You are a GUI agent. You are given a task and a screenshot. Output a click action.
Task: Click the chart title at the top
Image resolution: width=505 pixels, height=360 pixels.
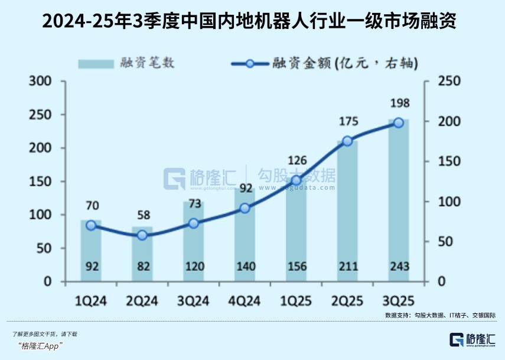pyautogui.click(x=252, y=22)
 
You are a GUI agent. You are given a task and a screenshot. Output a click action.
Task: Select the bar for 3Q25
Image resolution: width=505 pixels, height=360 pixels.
pyautogui.click(x=399, y=201)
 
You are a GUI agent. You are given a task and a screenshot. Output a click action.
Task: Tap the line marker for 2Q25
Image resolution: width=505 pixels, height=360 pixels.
pyautogui.click(x=347, y=141)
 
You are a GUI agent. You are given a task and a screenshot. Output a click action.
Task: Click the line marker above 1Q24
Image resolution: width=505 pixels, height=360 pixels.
pyautogui.click(x=91, y=225)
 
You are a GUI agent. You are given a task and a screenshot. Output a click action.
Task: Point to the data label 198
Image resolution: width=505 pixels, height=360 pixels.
pyautogui.click(x=399, y=105)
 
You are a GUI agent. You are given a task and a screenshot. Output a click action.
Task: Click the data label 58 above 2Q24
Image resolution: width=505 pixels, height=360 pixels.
pyautogui.click(x=142, y=215)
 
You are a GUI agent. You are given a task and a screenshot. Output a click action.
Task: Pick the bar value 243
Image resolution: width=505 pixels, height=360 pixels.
pyautogui.click(x=399, y=266)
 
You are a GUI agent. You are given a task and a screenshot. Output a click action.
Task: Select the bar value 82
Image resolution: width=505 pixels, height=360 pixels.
pyautogui.click(x=142, y=266)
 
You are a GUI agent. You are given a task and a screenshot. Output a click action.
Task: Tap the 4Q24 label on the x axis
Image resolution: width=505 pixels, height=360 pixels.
pyautogui.click(x=245, y=301)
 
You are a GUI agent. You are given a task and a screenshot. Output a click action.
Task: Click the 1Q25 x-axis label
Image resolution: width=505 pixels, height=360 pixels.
pyautogui.click(x=296, y=301)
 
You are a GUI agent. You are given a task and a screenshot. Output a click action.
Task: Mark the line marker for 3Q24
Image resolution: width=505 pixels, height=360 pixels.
pyautogui.click(x=194, y=223)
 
